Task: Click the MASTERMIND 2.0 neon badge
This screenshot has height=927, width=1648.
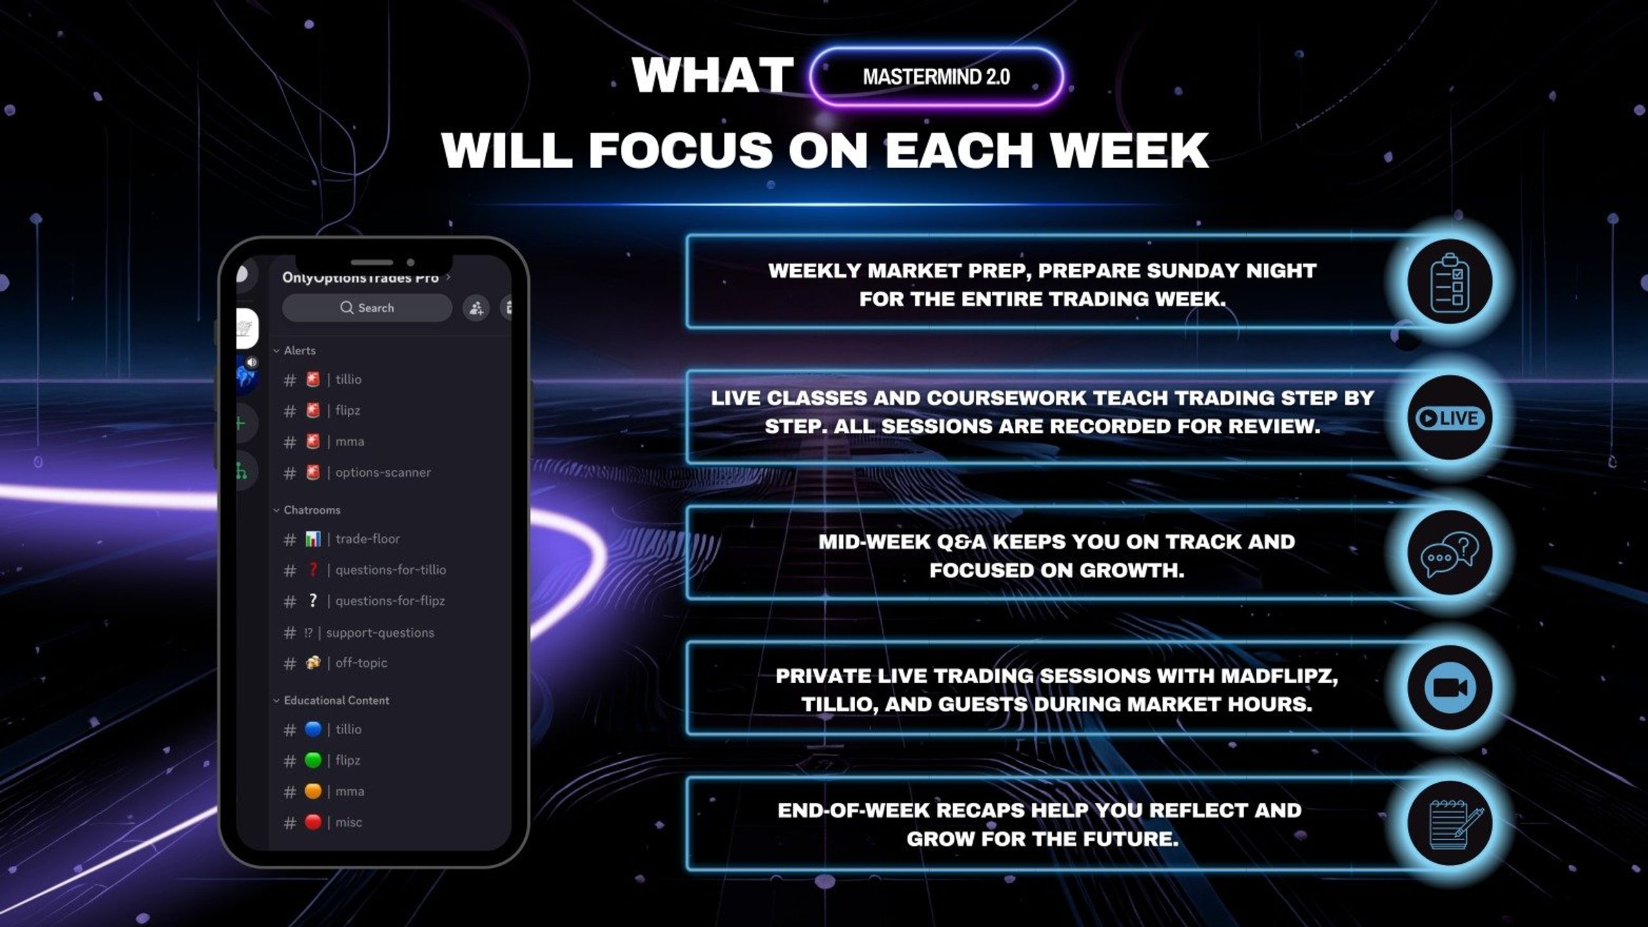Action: tap(936, 77)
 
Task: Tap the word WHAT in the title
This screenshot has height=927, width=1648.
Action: tap(713, 76)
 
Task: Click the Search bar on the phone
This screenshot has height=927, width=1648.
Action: tap(367, 308)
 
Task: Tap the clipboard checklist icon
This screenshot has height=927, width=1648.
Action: tap(1450, 283)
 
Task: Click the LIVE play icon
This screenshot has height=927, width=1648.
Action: tap(1450, 418)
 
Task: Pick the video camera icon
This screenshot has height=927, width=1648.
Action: tap(1450, 688)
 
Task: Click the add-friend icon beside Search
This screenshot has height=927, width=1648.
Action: tap(476, 308)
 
